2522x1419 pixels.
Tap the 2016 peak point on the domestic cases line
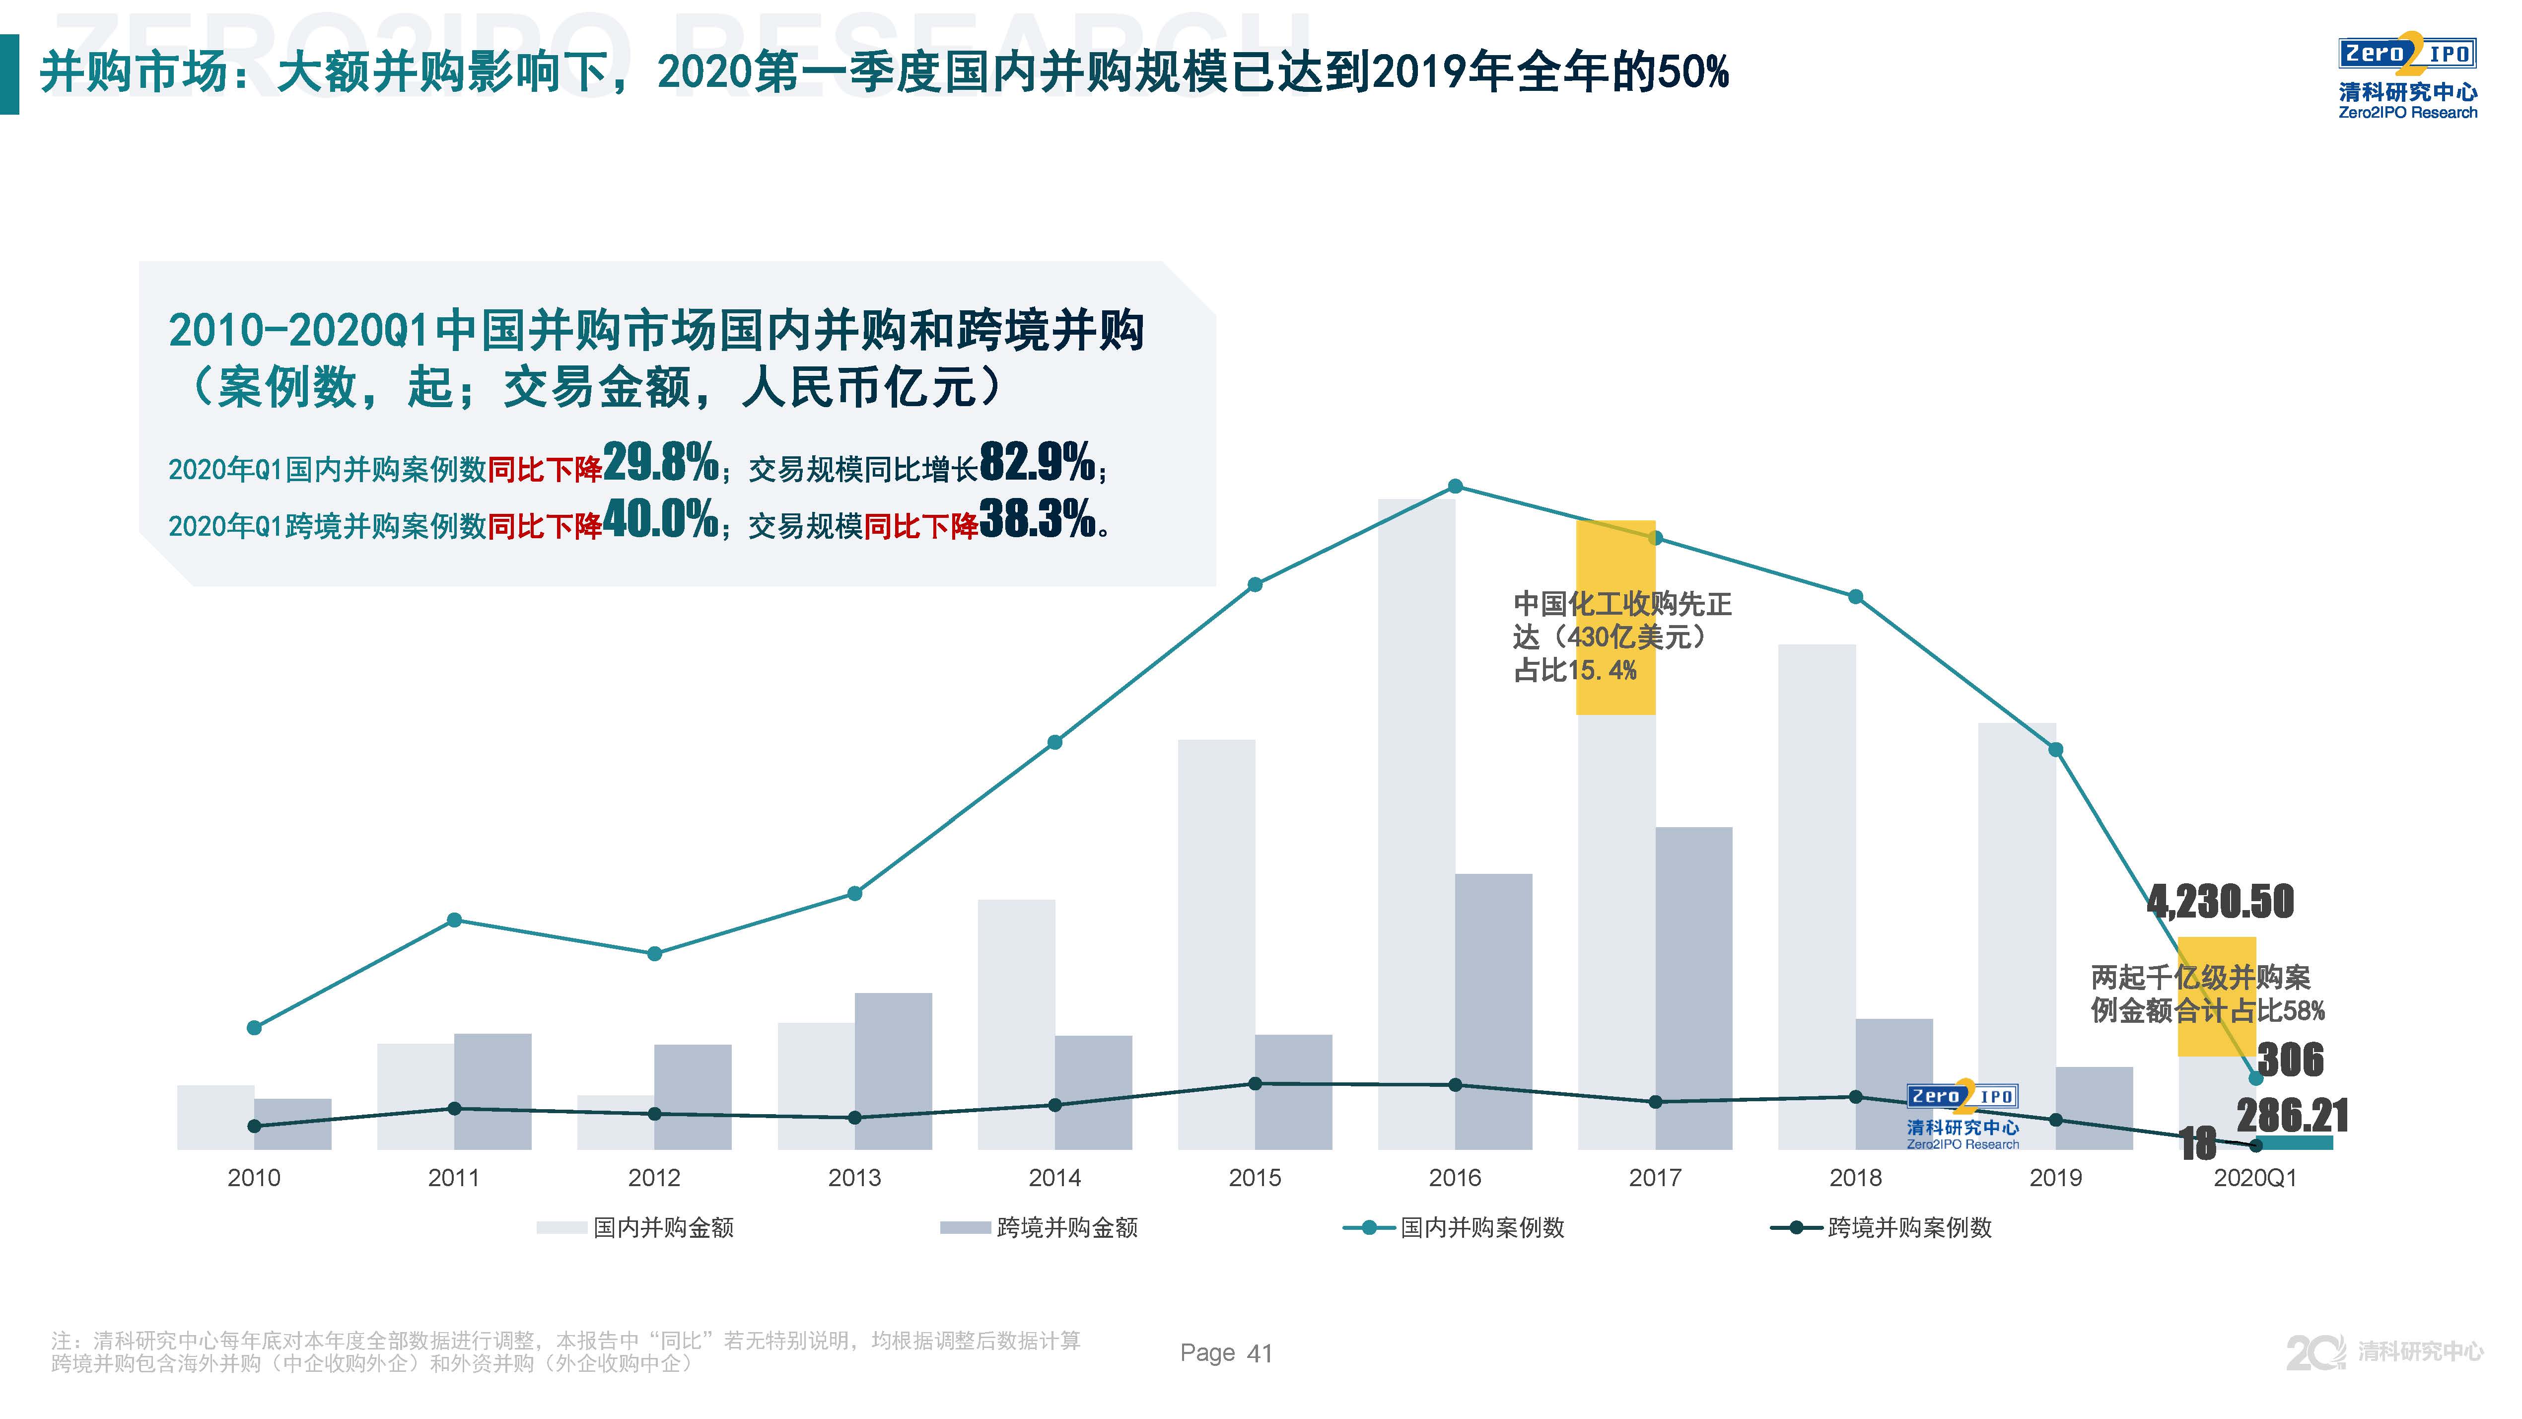click(1455, 487)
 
